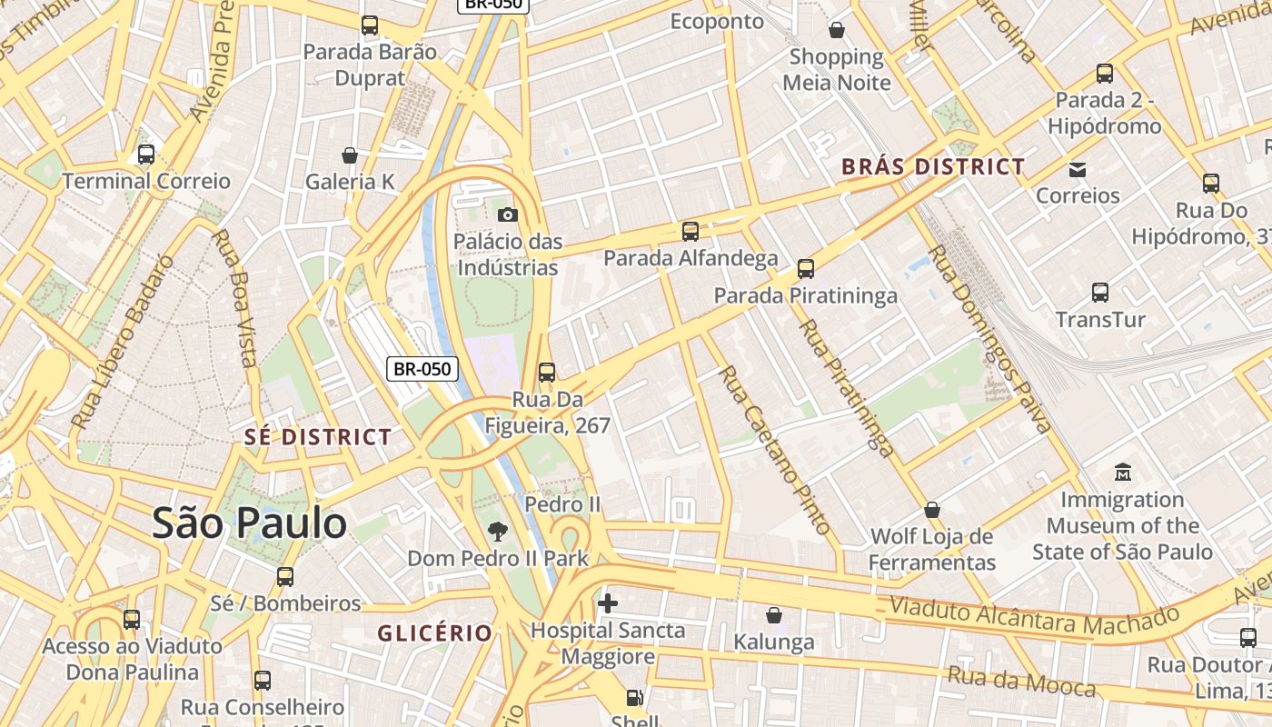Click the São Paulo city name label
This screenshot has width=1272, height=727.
click(x=249, y=523)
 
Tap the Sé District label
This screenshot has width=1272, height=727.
click(x=317, y=437)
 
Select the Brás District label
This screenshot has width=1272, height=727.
click(x=933, y=167)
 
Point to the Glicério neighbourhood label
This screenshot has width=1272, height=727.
click(x=435, y=632)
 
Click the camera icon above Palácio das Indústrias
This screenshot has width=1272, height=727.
click(x=508, y=214)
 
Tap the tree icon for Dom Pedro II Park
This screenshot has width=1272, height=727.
click(x=497, y=531)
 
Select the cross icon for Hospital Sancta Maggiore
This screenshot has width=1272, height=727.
click(x=608, y=603)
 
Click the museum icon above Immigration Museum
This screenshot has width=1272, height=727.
click(x=1123, y=473)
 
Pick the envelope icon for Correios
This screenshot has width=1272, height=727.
click(x=1078, y=169)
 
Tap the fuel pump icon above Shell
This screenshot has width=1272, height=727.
click(x=634, y=698)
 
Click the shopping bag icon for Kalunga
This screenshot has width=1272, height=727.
click(x=774, y=616)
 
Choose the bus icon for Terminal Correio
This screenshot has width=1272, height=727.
click(x=146, y=154)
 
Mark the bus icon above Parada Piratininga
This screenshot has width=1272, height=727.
click(x=806, y=269)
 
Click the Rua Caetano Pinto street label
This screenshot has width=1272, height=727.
click(x=775, y=450)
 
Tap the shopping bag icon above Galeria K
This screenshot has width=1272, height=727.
click(x=350, y=155)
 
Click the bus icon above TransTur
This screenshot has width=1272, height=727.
click(x=1100, y=293)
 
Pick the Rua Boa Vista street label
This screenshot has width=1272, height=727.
click(x=234, y=297)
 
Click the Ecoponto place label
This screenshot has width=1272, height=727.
click(x=717, y=21)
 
